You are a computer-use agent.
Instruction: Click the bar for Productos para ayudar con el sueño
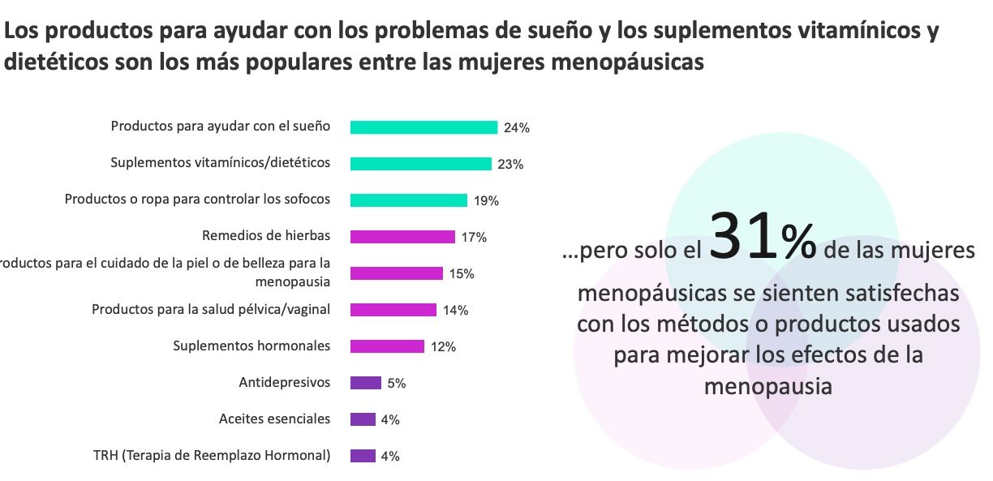[423, 127]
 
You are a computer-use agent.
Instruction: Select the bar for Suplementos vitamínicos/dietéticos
[420, 164]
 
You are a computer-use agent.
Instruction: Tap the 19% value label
[487, 201]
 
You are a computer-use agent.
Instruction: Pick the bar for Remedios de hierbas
[402, 237]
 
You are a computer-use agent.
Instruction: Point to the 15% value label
[462, 274]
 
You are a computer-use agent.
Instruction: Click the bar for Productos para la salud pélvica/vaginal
[393, 310]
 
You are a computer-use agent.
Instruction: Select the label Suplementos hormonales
[251, 346]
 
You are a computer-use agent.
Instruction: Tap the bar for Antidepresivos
[365, 383]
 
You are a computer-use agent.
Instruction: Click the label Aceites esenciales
[274, 419]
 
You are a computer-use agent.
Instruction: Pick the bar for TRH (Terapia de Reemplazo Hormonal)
[363, 456]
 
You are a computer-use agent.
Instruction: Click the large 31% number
[762, 238]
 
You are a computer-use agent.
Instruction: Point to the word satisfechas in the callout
[887, 293]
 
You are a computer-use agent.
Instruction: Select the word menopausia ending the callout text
[767, 387]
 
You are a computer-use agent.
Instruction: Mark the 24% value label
[516, 128]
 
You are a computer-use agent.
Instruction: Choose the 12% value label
[443, 347]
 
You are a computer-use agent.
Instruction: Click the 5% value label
[396, 384]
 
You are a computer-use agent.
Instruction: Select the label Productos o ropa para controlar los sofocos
[197, 199]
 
